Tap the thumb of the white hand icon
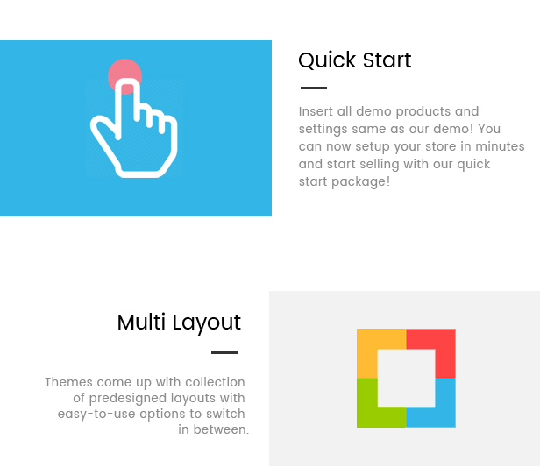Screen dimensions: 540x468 coord(103,128)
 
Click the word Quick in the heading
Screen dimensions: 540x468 coord(327,60)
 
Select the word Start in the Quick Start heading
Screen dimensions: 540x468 coord(387,60)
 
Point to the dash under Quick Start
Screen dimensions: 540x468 coord(314,89)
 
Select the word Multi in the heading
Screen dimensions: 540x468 coord(141,323)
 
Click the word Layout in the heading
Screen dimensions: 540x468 coord(207,323)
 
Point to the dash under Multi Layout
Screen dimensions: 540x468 coord(224,352)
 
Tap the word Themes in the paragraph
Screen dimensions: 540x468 coord(69,382)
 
